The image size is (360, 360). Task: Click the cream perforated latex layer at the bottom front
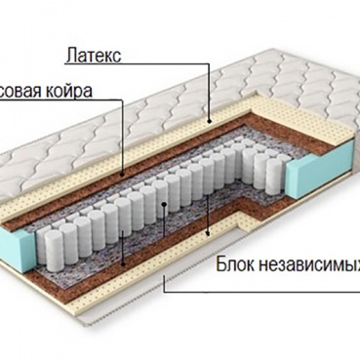tap(98, 293)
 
